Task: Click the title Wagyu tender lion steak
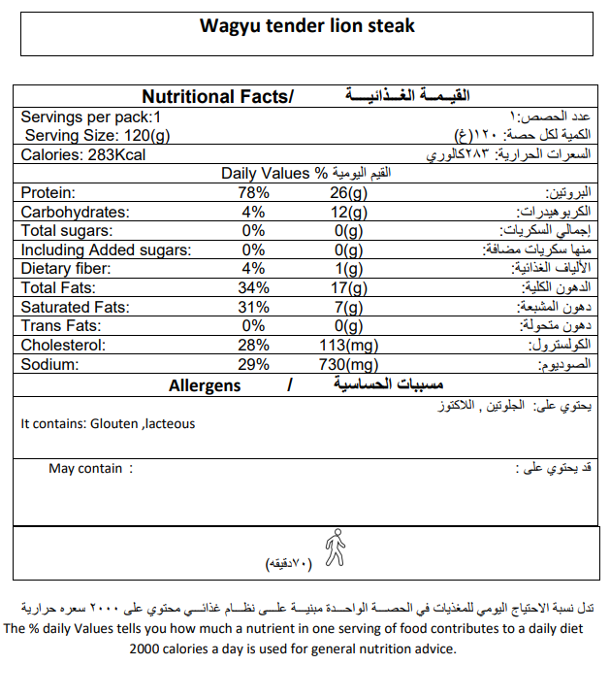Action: pyautogui.click(x=306, y=25)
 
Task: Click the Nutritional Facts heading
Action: pyautogui.click(x=217, y=96)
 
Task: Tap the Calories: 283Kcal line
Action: pyautogui.click(x=82, y=155)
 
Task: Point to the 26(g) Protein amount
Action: pyautogui.click(x=347, y=193)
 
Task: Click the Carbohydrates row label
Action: pyautogui.click(x=75, y=212)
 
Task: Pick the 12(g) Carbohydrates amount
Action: pyautogui.click(x=347, y=212)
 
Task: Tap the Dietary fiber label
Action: pyautogui.click(x=68, y=269)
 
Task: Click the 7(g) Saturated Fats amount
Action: pyautogui.click(x=347, y=307)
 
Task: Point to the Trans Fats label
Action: pyautogui.click(x=60, y=326)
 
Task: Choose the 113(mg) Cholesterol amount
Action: pyautogui.click(x=347, y=346)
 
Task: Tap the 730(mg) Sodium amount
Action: pyautogui.click(x=347, y=364)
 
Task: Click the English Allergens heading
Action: pyautogui.click(x=205, y=385)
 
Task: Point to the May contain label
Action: pyautogui.click(x=85, y=469)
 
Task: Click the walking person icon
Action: pyautogui.click(x=335, y=548)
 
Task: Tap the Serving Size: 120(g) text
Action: pyautogui.click(x=97, y=135)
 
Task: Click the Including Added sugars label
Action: pyautogui.click(x=106, y=250)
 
